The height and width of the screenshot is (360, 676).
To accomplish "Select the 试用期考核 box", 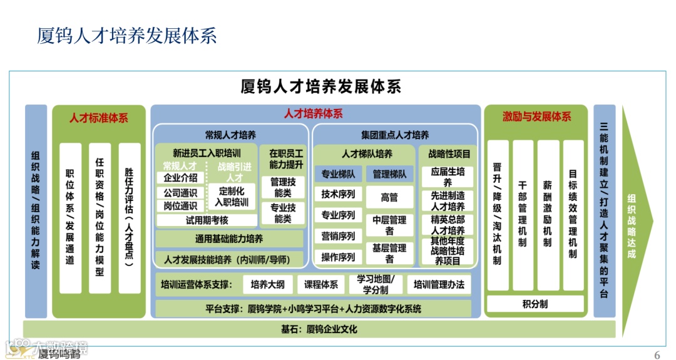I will pyautogui.click(x=207, y=220).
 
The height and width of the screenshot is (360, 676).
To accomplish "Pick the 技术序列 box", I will pyautogui.click(x=338, y=194).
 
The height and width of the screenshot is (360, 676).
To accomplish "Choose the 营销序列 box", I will pyautogui.click(x=338, y=236).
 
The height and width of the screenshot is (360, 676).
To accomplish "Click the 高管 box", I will pyautogui.click(x=389, y=197).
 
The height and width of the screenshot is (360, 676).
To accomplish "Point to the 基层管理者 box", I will pyautogui.click(x=389, y=253).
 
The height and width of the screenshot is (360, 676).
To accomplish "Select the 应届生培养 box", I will pyautogui.click(x=448, y=177).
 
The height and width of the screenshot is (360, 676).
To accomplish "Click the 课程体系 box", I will pyautogui.click(x=321, y=285).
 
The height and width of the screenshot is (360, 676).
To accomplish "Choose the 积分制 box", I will pyautogui.click(x=535, y=304).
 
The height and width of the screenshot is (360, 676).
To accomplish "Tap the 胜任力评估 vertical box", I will pyautogui.click(x=130, y=217).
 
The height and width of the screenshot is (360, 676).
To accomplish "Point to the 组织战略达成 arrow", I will pyautogui.click(x=633, y=225).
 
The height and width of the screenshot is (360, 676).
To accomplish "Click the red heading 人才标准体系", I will pyautogui.click(x=98, y=118).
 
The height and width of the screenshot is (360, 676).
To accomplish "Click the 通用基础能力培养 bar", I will pyautogui.click(x=229, y=239).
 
